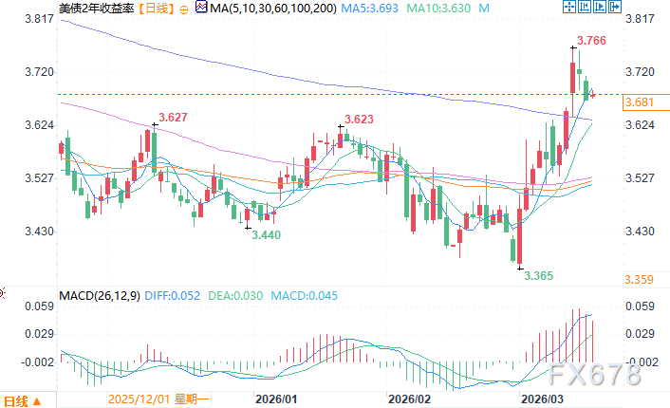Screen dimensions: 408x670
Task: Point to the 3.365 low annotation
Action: coord(539,276)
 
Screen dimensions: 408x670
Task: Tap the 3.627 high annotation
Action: coord(173,118)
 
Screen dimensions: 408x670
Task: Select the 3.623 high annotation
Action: coord(359,120)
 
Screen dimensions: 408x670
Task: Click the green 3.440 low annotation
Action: coord(266,233)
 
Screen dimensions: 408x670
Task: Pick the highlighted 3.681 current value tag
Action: coord(642,102)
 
